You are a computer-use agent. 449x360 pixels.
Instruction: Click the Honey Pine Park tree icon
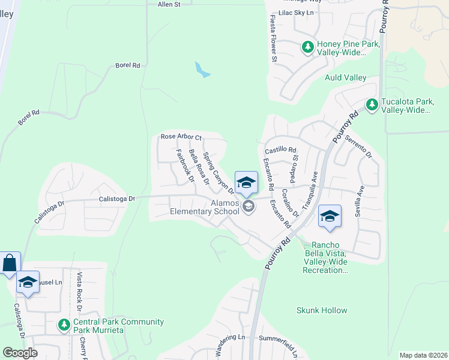coord(308,47)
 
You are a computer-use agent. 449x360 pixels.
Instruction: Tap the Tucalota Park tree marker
coord(372,106)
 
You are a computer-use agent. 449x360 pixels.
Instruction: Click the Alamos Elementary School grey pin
coord(249,206)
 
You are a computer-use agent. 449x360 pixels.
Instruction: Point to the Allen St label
coord(169,5)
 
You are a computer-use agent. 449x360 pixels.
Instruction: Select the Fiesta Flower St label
coord(274,43)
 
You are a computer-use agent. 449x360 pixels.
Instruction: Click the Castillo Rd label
coord(281,149)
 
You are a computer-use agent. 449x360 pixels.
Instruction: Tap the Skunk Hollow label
coord(322,310)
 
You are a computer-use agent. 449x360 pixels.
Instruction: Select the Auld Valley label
coord(345,78)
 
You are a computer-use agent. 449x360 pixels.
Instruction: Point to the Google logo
coord(20,352)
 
